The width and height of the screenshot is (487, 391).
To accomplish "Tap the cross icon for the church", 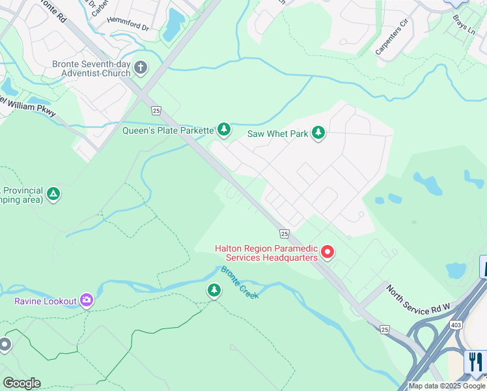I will click(x=141, y=68).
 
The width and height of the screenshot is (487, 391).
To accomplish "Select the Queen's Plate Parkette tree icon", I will click(x=224, y=130).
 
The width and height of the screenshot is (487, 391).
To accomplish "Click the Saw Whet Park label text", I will click(x=277, y=134).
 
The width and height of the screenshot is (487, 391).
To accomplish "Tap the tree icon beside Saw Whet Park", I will click(x=318, y=134).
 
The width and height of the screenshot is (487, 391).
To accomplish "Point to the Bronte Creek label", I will click(x=240, y=282).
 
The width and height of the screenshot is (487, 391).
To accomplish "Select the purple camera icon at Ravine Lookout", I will click(x=87, y=300).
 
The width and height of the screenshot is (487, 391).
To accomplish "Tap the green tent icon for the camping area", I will click(x=54, y=194).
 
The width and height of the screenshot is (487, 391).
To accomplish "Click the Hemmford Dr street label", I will click(x=129, y=28).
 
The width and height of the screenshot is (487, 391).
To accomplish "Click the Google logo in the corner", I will click(x=21, y=383).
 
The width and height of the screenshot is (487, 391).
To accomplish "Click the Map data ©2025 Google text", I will click(x=447, y=386).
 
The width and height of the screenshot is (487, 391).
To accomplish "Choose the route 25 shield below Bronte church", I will click(x=156, y=110).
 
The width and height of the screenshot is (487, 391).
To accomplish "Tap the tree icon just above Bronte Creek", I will click(x=214, y=290).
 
